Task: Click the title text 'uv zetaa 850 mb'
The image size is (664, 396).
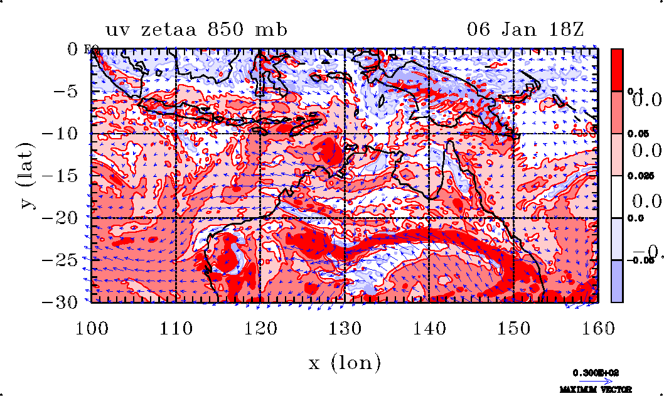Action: [196, 29]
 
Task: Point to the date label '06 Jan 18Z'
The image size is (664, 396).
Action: [527, 29]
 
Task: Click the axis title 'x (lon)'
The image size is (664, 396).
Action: [345, 362]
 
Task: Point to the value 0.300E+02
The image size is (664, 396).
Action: [595, 373]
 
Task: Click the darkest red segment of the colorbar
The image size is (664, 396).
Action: [618, 70]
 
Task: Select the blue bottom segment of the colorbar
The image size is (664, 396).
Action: [618, 281]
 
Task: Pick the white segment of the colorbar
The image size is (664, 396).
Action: [618, 196]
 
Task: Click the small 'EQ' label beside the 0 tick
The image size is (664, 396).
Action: [88, 51]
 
